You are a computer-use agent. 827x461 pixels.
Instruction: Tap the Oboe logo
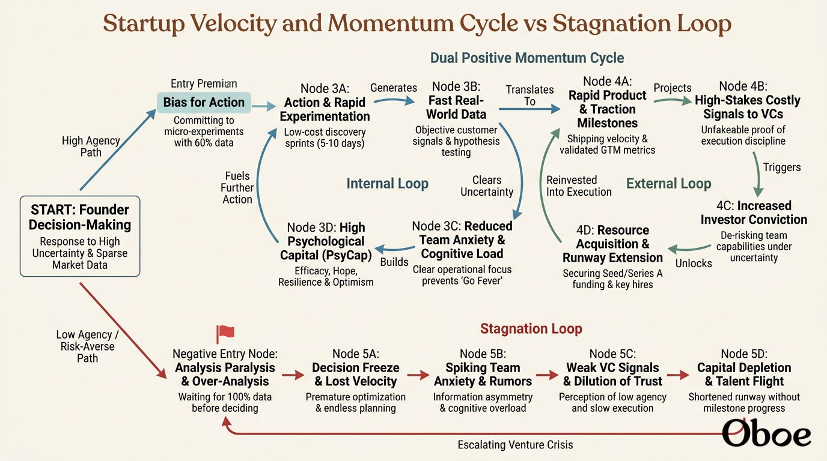[766, 434]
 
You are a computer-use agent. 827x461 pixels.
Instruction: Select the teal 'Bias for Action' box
[204, 102]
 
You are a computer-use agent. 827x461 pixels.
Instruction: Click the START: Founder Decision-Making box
[80, 237]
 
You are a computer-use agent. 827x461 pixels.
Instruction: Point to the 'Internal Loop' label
[387, 183]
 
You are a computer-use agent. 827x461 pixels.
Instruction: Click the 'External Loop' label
[668, 183]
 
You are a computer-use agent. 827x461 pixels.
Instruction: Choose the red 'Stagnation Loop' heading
[531, 328]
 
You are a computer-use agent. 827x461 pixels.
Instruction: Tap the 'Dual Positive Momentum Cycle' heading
[527, 58]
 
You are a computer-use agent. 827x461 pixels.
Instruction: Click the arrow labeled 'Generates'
[394, 100]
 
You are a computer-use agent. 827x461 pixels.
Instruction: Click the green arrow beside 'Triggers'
[758, 175]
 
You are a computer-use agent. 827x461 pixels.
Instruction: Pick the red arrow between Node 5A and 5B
[418, 375]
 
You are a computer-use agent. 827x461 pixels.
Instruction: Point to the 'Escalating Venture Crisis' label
[516, 445]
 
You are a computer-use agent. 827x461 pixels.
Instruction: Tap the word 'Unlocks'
[694, 264]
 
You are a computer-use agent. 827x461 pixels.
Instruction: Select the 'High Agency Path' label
[91, 146]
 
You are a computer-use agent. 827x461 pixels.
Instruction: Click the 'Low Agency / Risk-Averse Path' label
[88, 346]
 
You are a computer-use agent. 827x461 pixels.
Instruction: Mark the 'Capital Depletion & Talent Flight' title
[744, 375]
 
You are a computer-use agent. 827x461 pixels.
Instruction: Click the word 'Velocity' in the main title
[234, 23]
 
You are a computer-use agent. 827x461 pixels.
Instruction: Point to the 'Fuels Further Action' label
[237, 188]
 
